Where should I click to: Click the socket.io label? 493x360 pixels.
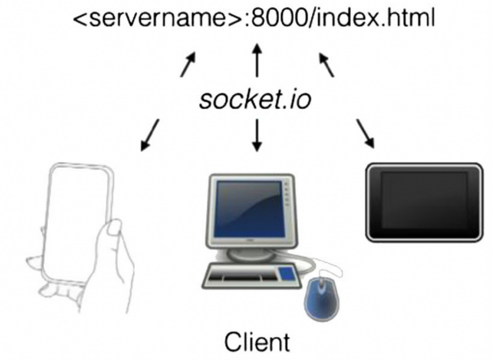tap(255, 99)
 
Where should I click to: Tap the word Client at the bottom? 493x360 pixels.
tap(257, 342)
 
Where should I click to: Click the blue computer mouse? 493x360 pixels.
tap(322, 295)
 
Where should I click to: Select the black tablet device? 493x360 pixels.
tap(424, 202)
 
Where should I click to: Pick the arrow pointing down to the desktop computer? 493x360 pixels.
tap(257, 135)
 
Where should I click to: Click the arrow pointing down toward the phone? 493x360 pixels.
tap(150, 135)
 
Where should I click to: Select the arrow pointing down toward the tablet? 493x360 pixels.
tap(365, 133)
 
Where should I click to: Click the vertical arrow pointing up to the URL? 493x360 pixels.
tap(257, 61)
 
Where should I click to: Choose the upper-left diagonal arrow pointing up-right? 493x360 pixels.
tap(188, 64)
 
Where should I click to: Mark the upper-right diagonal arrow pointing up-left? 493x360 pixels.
tap(326, 65)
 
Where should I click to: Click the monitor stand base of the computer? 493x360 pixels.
tap(250, 256)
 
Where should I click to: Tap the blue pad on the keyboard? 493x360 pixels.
tap(287, 273)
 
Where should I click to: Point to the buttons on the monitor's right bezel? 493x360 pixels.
tap(287, 194)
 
